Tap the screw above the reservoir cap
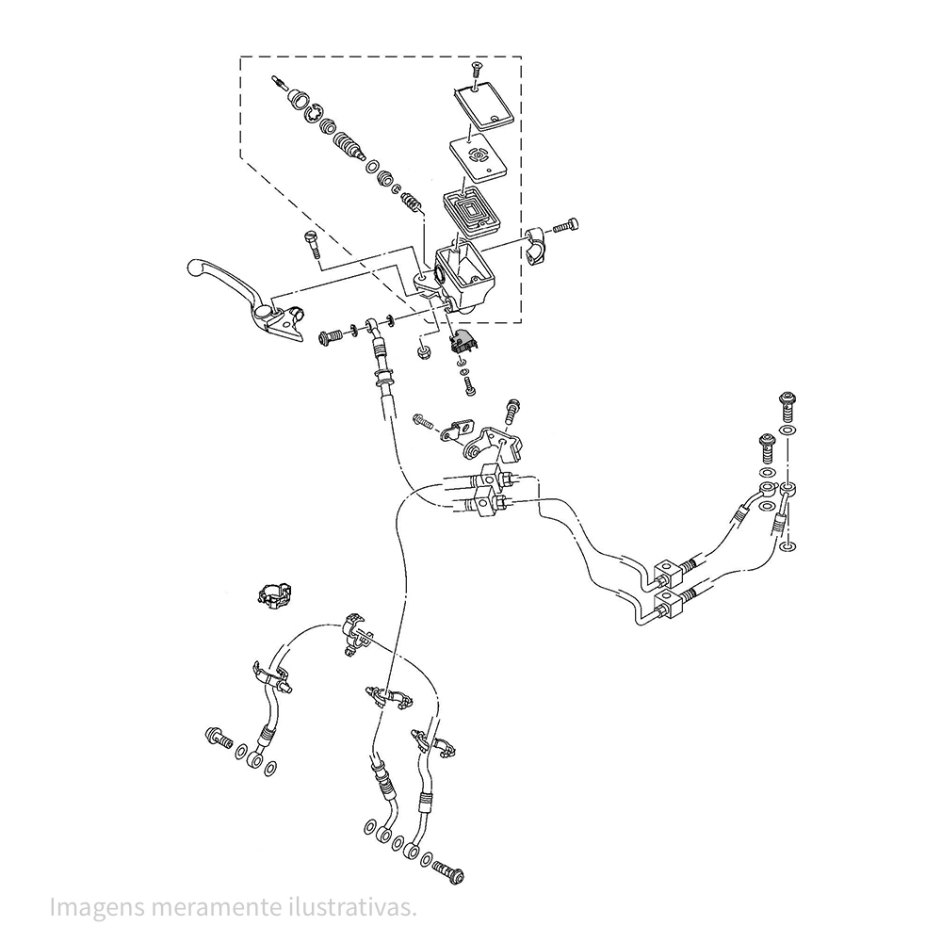tap(477, 69)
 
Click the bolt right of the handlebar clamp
tap(567, 225)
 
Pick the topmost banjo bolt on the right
tap(788, 406)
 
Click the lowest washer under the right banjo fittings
tap(788, 546)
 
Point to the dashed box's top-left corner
tap(240, 57)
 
